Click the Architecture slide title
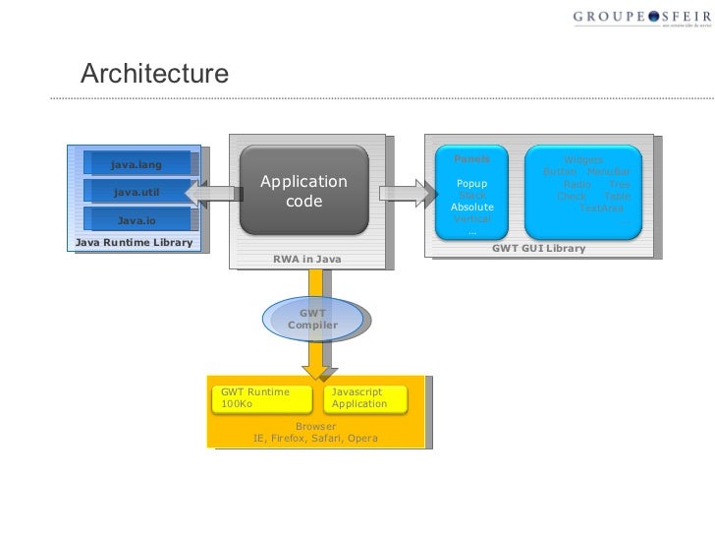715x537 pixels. (154, 74)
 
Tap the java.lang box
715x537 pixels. (137, 163)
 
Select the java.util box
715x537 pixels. (137, 192)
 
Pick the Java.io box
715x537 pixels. (137, 220)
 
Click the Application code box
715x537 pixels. (303, 192)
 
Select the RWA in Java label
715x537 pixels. (306, 259)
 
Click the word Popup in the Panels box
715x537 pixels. (471, 184)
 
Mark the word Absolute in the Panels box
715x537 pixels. (471, 208)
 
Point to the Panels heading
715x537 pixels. (471, 159)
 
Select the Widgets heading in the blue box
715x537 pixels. (583, 160)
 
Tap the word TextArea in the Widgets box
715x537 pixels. (600, 208)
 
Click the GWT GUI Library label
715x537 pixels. (538, 248)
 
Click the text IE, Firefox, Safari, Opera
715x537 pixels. (314, 439)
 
